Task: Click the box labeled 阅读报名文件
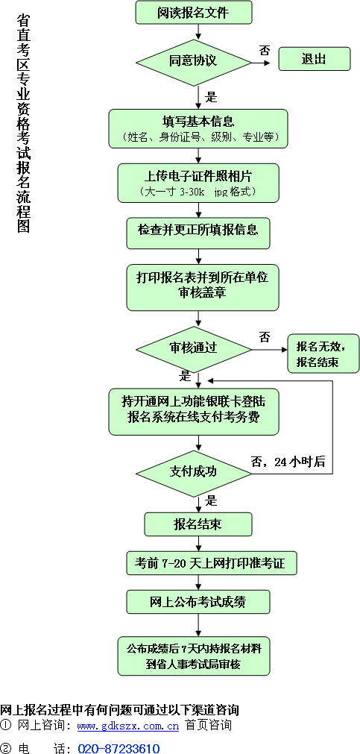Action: (193, 13)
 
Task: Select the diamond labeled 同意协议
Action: (193, 62)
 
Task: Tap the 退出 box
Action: (315, 59)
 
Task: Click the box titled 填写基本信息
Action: (198, 128)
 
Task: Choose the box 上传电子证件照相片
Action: (198, 183)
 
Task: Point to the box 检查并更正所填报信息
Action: (198, 233)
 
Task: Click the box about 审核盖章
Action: (202, 287)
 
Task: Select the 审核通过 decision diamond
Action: (193, 348)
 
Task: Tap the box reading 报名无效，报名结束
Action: (323, 354)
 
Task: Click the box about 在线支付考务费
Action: (193, 411)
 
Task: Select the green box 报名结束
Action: (198, 524)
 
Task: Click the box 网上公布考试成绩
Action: (198, 602)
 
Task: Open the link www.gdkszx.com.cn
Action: (128, 726)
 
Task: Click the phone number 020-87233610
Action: (119, 748)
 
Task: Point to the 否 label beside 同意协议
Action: (265, 50)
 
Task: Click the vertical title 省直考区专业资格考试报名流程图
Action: (23, 123)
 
